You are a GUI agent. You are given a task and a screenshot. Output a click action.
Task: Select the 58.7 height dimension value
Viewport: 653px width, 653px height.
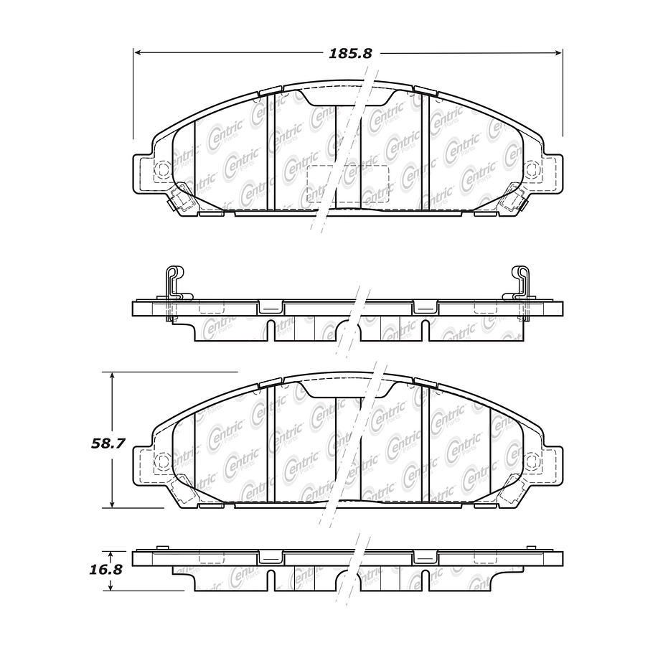click(x=108, y=443)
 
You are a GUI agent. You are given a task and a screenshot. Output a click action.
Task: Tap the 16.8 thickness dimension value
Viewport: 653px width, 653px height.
click(x=108, y=570)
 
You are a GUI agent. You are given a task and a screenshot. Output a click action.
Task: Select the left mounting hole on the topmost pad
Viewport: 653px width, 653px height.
click(x=161, y=169)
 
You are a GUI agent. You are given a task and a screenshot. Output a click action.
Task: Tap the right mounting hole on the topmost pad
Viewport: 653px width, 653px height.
click(x=532, y=169)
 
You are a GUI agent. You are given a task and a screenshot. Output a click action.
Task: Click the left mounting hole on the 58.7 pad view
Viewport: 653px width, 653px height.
click(x=161, y=459)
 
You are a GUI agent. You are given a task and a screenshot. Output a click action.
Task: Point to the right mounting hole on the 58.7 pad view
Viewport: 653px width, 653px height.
click(x=532, y=459)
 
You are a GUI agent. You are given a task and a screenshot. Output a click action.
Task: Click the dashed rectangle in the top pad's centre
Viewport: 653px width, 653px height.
click(x=347, y=184)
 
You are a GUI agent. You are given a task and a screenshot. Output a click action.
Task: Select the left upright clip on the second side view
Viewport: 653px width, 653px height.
click(x=173, y=283)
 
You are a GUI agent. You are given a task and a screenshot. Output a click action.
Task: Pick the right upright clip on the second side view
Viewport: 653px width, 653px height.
click(x=520, y=283)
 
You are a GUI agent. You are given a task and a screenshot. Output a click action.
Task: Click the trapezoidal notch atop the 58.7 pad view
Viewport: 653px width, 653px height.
click(x=347, y=390)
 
